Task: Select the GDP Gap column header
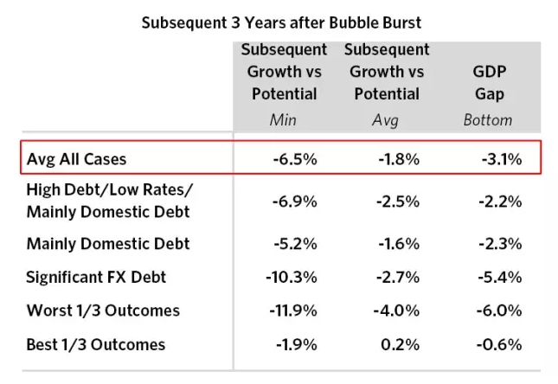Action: coord(489,83)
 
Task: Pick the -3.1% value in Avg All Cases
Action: coord(502,159)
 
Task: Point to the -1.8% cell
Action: coord(399,159)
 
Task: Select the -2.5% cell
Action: coord(399,201)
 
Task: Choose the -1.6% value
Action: coord(399,243)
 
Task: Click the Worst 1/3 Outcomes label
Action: coord(103,310)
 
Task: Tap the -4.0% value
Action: coord(399,310)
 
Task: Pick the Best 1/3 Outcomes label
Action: coord(95,344)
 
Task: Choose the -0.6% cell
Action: coord(502,344)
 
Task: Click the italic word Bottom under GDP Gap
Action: coord(488,120)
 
